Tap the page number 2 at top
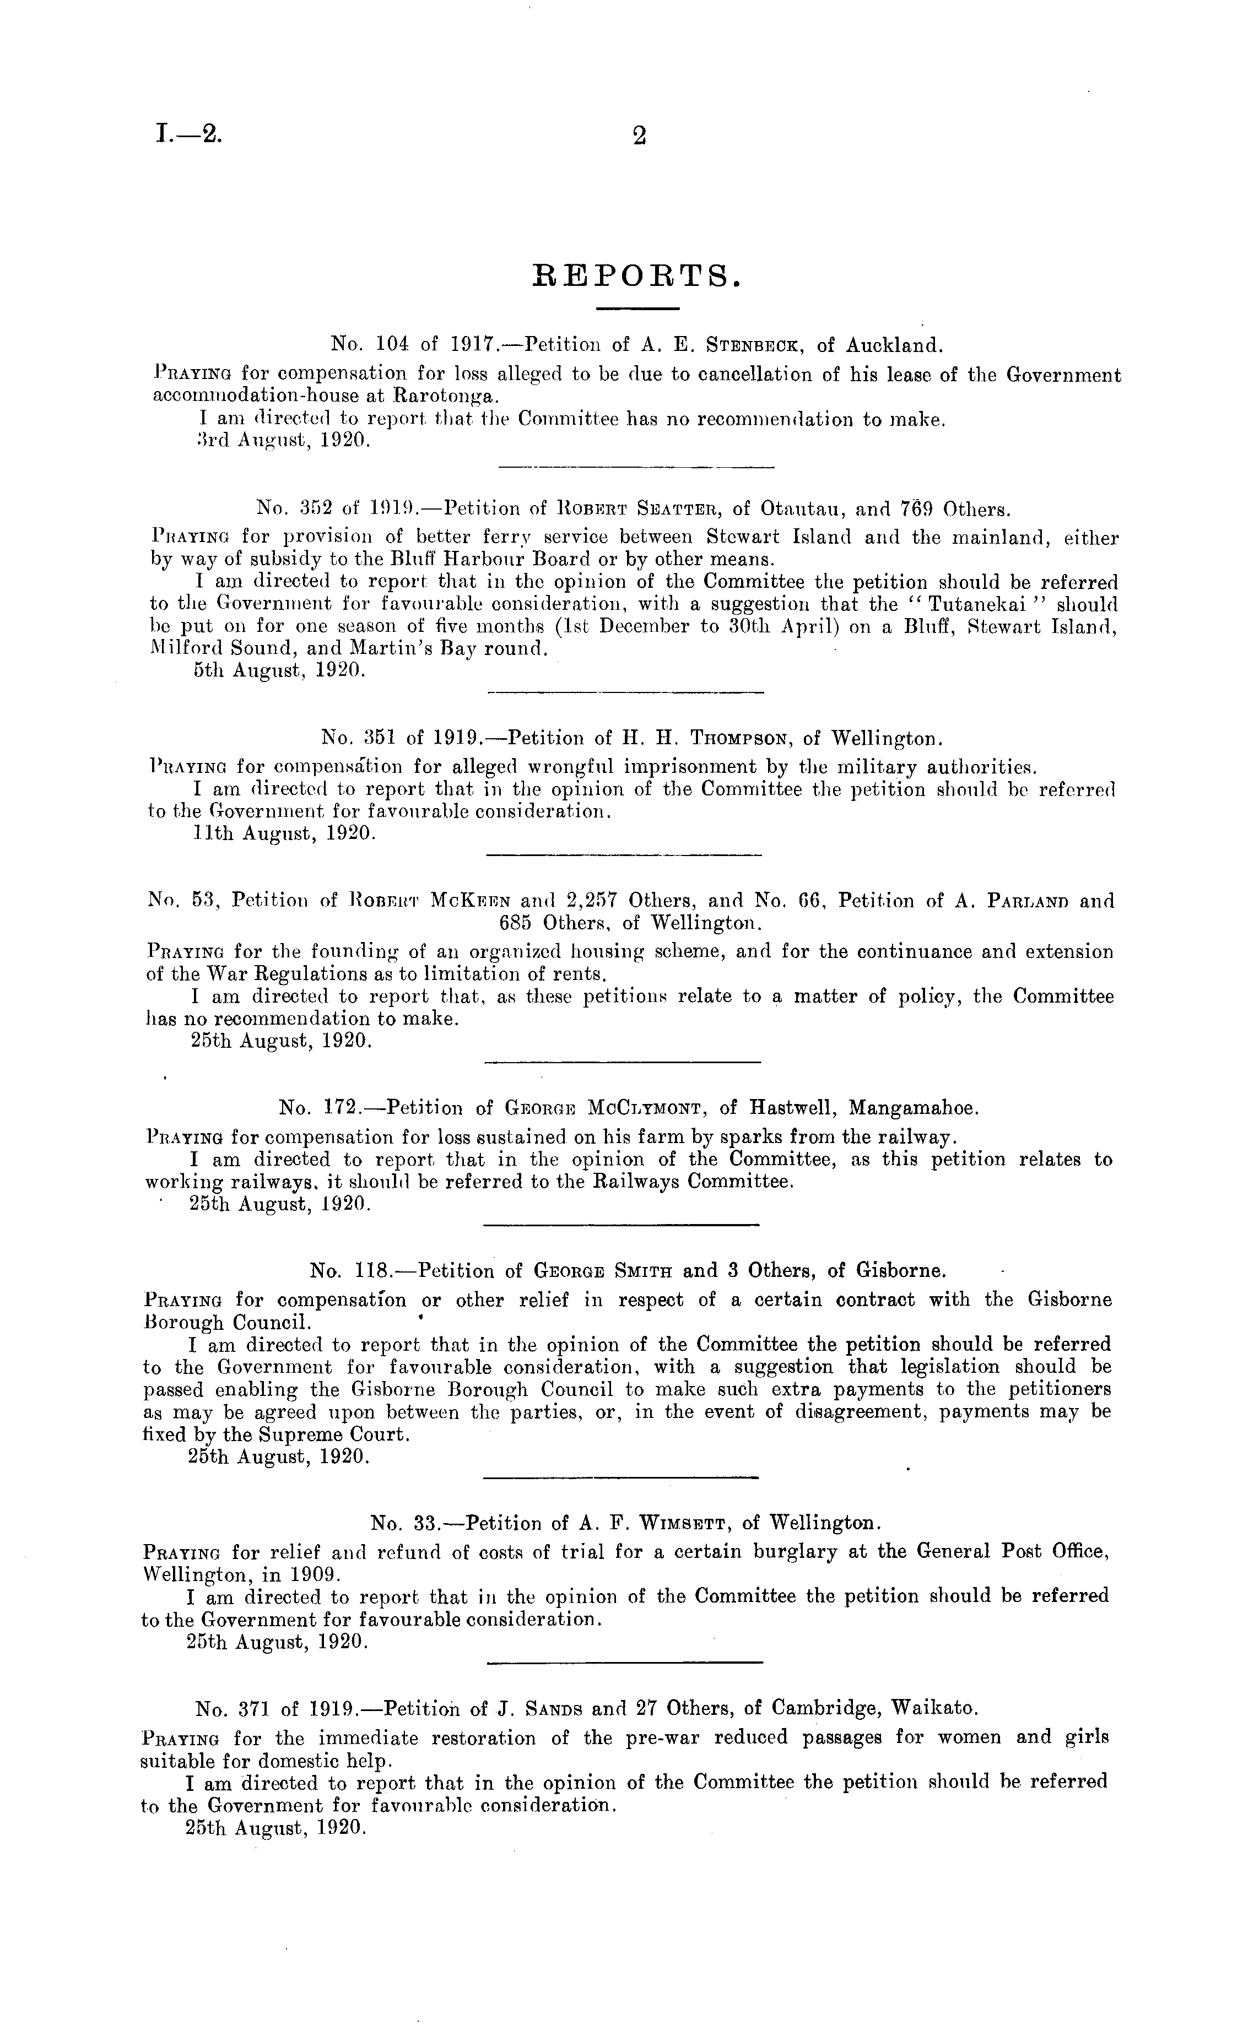[x=638, y=135]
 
